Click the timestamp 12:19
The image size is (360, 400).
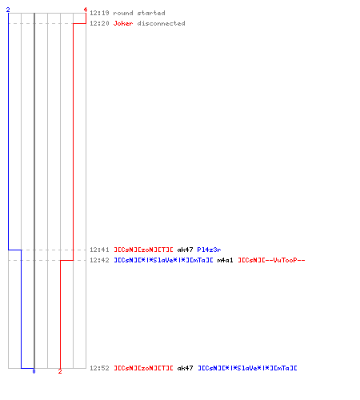click(x=99, y=13)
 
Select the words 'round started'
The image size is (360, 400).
click(x=139, y=13)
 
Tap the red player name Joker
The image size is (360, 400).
click(x=123, y=23)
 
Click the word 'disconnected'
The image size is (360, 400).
click(x=161, y=23)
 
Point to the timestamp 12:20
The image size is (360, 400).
click(x=99, y=23)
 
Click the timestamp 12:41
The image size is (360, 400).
click(x=99, y=250)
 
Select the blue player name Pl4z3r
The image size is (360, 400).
click(x=209, y=250)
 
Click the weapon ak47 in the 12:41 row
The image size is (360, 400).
click(x=185, y=250)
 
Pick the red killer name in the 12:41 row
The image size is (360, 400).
click(x=143, y=250)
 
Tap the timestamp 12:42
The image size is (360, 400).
click(x=99, y=260)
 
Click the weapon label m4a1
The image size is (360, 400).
click(x=225, y=260)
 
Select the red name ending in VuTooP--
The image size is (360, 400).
click(x=271, y=260)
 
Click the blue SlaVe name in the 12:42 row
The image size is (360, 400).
click(x=163, y=260)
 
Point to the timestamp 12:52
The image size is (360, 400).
click(x=99, y=368)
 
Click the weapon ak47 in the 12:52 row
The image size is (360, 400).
click(x=185, y=368)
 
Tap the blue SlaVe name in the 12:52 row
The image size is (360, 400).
click(x=247, y=368)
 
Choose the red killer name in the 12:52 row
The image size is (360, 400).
click(x=143, y=368)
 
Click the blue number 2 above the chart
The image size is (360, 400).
click(x=8, y=10)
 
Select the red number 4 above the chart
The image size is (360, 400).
click(x=86, y=10)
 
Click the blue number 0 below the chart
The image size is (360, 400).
click(x=34, y=371)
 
